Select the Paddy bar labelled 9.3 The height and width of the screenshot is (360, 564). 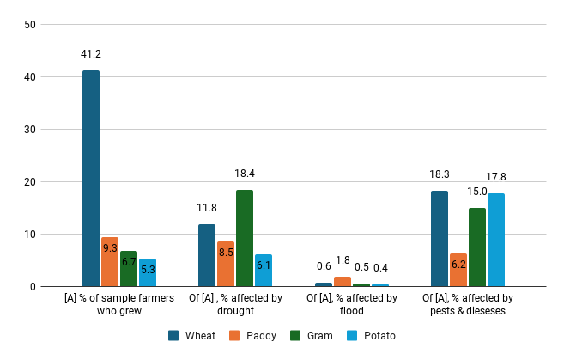pyautogui.click(x=110, y=262)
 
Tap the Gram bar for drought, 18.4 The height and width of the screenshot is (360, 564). pyautogui.click(x=245, y=238)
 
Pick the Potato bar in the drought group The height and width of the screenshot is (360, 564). pyautogui.click(x=264, y=271)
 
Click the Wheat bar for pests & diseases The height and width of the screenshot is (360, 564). pyautogui.click(x=439, y=239)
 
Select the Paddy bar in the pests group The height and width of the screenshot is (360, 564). pyautogui.click(x=458, y=271)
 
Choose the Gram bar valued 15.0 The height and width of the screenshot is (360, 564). pyautogui.click(x=476, y=247)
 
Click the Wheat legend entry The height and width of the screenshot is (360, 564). pyautogui.click(x=191, y=335)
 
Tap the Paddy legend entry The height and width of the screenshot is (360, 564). pyautogui.click(x=253, y=335)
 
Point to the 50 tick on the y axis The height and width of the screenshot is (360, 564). pyautogui.click(x=29, y=25)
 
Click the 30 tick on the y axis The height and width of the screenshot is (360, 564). pyautogui.click(x=29, y=130)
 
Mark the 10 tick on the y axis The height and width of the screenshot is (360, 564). pyautogui.click(x=29, y=235)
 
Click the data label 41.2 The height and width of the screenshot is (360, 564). pyautogui.click(x=91, y=54)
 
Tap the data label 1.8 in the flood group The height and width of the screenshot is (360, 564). pyautogui.click(x=342, y=260)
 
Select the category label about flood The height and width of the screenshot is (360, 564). pyautogui.click(x=352, y=304)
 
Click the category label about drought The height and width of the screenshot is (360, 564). pyautogui.click(x=235, y=304)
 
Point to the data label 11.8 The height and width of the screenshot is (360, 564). pyautogui.click(x=207, y=208)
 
